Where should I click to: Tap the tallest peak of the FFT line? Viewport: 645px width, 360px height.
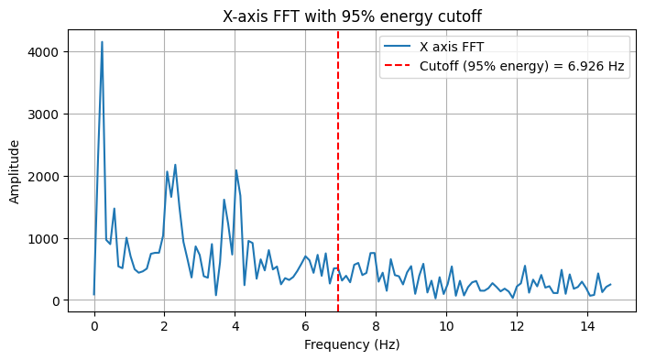pos(102,42)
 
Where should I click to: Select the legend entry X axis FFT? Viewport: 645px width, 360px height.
pos(451,46)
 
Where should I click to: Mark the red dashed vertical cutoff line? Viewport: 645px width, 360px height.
pos(338,183)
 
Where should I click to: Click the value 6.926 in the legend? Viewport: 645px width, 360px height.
pos(587,66)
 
